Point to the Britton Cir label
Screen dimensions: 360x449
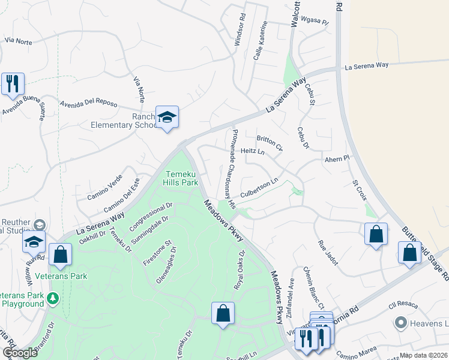pyautogui.click(x=270, y=143)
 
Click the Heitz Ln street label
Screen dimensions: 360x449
pyautogui.click(x=252, y=152)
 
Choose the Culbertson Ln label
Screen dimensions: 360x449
pyautogui.click(x=259, y=188)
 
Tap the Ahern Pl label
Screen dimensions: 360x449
pyautogui.click(x=337, y=159)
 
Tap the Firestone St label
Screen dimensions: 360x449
pyautogui.click(x=157, y=253)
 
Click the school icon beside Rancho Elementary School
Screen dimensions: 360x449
pyautogui.click(x=167, y=118)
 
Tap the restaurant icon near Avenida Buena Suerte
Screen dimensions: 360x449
pyautogui.click(x=13, y=84)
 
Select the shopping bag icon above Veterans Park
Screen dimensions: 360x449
pyautogui.click(x=60, y=254)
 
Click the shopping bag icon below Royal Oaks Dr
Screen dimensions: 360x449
pyautogui.click(x=223, y=313)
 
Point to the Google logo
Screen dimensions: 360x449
pyautogui.click(x=20, y=353)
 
